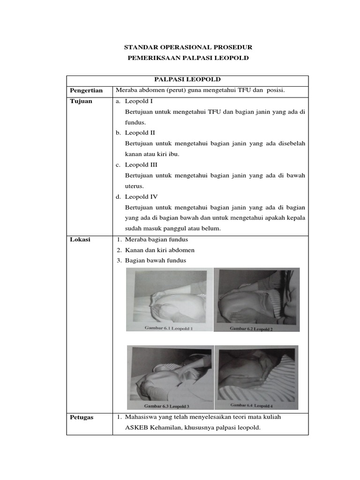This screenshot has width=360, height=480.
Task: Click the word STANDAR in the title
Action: pyautogui.click(x=139, y=47)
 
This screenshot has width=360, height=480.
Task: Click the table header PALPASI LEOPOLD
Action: pyautogui.click(x=187, y=80)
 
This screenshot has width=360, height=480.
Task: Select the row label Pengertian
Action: pyautogui.click(x=86, y=90)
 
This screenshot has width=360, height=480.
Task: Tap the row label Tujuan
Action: pyautogui.click(x=81, y=101)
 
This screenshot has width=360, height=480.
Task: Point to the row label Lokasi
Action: pyautogui.click(x=80, y=240)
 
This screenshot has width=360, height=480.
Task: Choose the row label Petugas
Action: pyautogui.click(x=82, y=418)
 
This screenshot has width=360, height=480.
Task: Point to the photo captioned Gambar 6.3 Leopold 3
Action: pyautogui.click(x=170, y=373)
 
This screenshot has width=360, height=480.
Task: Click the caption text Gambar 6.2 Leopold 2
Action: pyautogui.click(x=251, y=329)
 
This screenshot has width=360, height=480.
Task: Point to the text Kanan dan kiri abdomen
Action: pyautogui.click(x=159, y=250)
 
